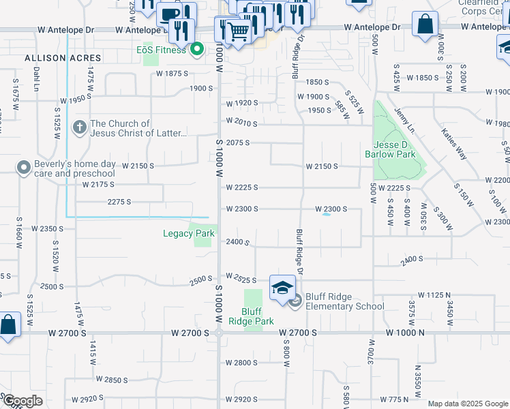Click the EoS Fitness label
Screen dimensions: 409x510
point(161,50)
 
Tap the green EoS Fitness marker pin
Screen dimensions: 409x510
point(198,49)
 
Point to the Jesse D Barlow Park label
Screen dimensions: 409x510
point(395,149)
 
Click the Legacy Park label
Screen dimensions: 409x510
point(189,234)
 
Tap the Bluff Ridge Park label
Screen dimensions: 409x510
point(251,316)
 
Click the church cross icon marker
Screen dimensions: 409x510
point(80,127)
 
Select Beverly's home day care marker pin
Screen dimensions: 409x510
point(24,167)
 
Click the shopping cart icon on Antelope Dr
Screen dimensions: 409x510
point(238,31)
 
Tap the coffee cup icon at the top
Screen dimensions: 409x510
point(170,14)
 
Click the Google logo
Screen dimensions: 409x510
point(22,401)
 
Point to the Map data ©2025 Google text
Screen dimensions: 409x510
point(468,404)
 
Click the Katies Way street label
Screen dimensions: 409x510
point(453,144)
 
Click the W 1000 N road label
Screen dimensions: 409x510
point(406,333)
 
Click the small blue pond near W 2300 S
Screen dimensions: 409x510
point(327,214)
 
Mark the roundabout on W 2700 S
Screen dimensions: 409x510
point(219,333)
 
